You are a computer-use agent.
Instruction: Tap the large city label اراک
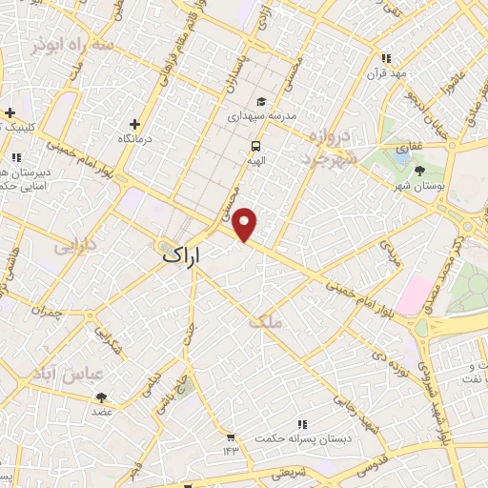(184, 255)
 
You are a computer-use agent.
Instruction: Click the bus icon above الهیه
(255, 146)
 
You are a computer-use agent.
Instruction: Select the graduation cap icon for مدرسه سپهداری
(260, 102)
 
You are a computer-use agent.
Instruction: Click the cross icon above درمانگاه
(134, 123)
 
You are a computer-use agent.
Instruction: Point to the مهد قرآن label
(388, 73)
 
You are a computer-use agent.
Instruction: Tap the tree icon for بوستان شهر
(420, 170)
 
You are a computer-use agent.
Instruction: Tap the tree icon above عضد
(102, 397)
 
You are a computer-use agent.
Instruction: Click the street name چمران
(45, 311)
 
